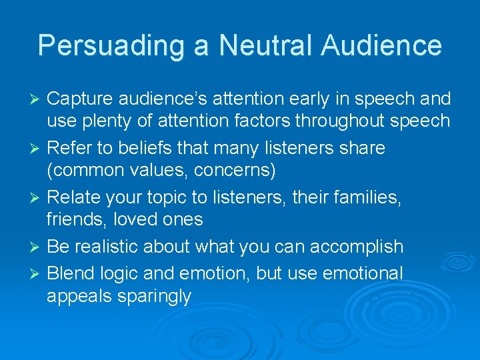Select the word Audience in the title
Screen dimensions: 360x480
pos(381,45)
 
